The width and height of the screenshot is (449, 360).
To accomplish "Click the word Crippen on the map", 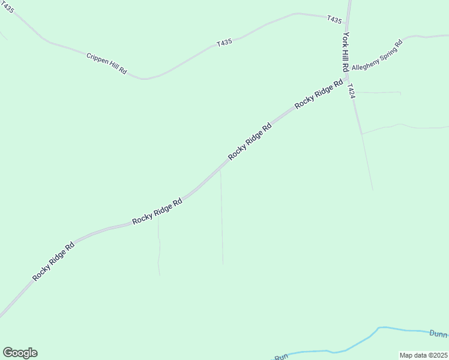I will pyautogui.click(x=97, y=58).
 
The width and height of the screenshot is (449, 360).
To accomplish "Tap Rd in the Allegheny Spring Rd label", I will pyautogui.click(x=398, y=45).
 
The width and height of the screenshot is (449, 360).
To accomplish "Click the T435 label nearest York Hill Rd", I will pyautogui.click(x=334, y=20).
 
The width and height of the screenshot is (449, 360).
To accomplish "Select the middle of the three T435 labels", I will pyautogui.click(x=224, y=43).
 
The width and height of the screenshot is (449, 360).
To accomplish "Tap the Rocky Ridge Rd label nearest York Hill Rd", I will pyautogui.click(x=319, y=94).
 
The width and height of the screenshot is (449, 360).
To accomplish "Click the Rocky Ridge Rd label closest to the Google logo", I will pyautogui.click(x=53, y=261).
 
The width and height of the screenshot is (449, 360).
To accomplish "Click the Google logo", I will pyautogui.click(x=20, y=353).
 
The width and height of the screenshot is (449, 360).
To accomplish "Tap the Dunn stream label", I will pyautogui.click(x=438, y=333).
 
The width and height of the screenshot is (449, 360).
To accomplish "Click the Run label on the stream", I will pyautogui.click(x=281, y=357).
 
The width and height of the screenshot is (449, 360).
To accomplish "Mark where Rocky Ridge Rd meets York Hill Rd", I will pyautogui.click(x=347, y=76).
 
